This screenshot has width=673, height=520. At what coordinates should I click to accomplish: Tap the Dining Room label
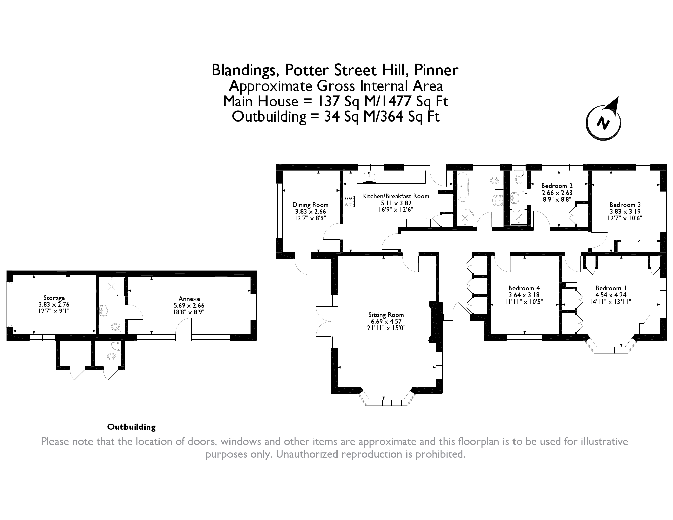(x=310, y=205)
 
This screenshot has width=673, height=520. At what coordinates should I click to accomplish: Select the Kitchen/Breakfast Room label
(x=396, y=196)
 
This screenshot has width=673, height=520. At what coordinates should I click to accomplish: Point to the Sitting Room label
(x=386, y=315)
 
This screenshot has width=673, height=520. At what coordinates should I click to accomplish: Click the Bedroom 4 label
(x=524, y=288)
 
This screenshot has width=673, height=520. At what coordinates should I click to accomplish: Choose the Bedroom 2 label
(x=557, y=186)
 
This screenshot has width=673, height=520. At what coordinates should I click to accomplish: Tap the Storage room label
(x=54, y=298)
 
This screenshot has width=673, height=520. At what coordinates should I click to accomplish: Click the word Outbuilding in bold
(x=132, y=427)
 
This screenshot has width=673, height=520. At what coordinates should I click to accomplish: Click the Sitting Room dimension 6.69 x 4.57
(x=386, y=321)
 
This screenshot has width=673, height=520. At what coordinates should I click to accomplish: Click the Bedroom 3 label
(x=625, y=205)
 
